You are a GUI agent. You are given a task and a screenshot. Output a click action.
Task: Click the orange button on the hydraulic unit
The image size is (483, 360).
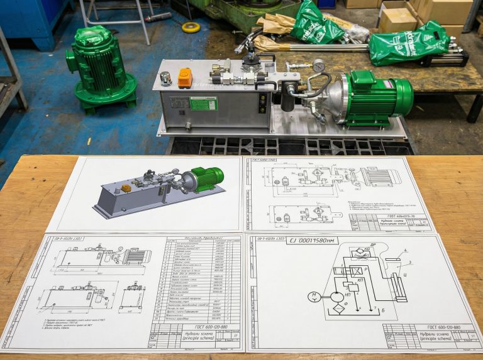[x=184, y=78]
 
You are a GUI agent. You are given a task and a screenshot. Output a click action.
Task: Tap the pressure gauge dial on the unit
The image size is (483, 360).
[x=319, y=65]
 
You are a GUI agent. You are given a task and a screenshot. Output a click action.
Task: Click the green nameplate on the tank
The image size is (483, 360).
[x=203, y=103]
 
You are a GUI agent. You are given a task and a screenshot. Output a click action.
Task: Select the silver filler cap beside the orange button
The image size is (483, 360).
[x=166, y=79]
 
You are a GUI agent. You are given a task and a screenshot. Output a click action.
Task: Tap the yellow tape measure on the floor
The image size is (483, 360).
[x=191, y=28]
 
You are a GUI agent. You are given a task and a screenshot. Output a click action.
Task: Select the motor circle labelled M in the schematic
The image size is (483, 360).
[x=313, y=297]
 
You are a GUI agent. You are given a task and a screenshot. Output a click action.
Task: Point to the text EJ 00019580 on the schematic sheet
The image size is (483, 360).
[x=313, y=240]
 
